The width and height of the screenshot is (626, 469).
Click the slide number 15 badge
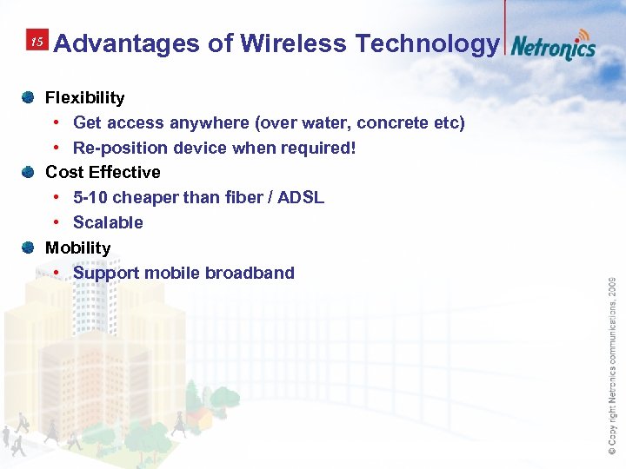click(37, 42)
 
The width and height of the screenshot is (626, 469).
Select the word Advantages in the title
click(128, 43)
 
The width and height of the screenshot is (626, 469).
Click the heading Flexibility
click(84, 98)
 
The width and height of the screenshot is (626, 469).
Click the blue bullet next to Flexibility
click(28, 97)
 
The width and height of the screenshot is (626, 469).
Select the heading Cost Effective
click(103, 173)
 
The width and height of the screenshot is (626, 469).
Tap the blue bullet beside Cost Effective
click(28, 172)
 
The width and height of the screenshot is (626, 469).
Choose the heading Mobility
click(77, 248)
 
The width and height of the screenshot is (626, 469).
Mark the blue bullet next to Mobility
click(28, 248)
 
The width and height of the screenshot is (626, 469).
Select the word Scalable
click(108, 223)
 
